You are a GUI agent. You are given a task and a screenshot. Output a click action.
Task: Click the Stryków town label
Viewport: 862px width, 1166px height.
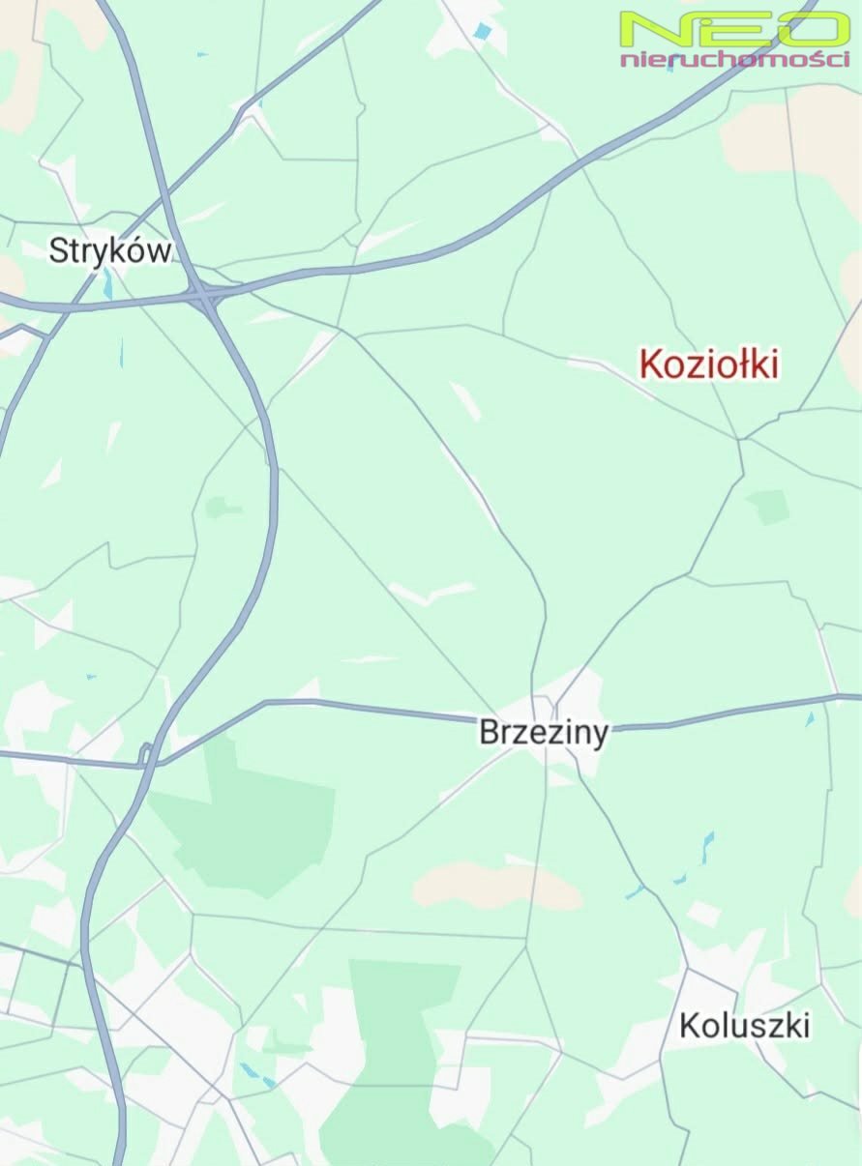[110, 251]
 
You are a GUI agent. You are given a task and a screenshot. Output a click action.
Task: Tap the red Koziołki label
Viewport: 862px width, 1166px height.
[709, 364]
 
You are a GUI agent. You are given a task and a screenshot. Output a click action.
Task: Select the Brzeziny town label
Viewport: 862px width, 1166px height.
[544, 733]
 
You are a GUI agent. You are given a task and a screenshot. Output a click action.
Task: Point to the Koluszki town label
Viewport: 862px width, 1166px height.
[744, 1026]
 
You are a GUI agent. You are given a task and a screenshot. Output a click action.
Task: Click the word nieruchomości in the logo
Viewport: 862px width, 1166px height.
[734, 60]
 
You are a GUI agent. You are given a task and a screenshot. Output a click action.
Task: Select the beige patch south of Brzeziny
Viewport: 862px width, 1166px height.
[495, 886]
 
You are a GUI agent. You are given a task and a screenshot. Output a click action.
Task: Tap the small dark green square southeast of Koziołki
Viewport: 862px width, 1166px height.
[768, 507]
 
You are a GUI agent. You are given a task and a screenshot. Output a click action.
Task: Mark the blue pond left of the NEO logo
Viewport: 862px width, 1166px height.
[482, 32]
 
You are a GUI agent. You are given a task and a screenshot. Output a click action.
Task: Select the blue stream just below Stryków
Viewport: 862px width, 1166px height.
[108, 284]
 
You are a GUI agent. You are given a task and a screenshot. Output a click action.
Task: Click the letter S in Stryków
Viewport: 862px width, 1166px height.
[59, 251]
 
